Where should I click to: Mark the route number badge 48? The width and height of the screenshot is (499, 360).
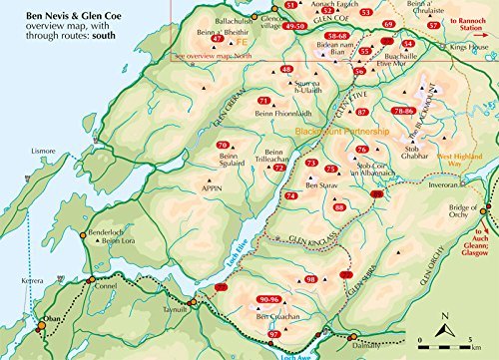pos(287,69)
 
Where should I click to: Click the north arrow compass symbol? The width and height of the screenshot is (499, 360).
pos(443,321)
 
